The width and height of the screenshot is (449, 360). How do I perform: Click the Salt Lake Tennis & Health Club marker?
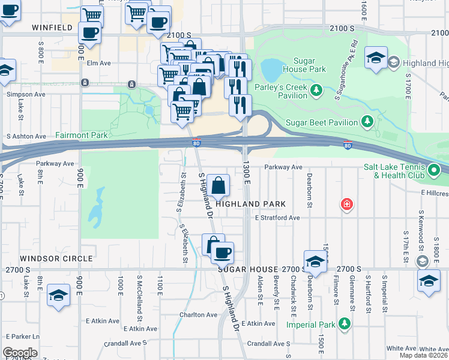pos(435,171)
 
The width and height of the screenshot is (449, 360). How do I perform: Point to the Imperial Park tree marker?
pos(345,325)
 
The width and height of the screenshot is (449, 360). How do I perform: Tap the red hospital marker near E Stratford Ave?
pos(346,205)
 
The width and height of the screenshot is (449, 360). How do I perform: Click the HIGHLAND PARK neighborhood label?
pos(250,204)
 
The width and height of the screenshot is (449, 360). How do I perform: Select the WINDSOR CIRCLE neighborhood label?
pos(56,259)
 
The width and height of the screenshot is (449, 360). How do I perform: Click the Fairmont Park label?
pos(82,136)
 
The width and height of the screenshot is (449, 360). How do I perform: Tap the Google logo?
pos(20,352)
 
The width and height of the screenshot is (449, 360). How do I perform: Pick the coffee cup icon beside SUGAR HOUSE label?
pos(222,252)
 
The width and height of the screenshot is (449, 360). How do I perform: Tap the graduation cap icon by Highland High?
pos(376,58)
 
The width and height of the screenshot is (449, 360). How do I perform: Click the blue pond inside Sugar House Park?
pos(271,70)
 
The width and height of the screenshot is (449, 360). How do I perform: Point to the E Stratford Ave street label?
pos(277,218)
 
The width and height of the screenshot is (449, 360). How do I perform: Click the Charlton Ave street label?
pos(198,314)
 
